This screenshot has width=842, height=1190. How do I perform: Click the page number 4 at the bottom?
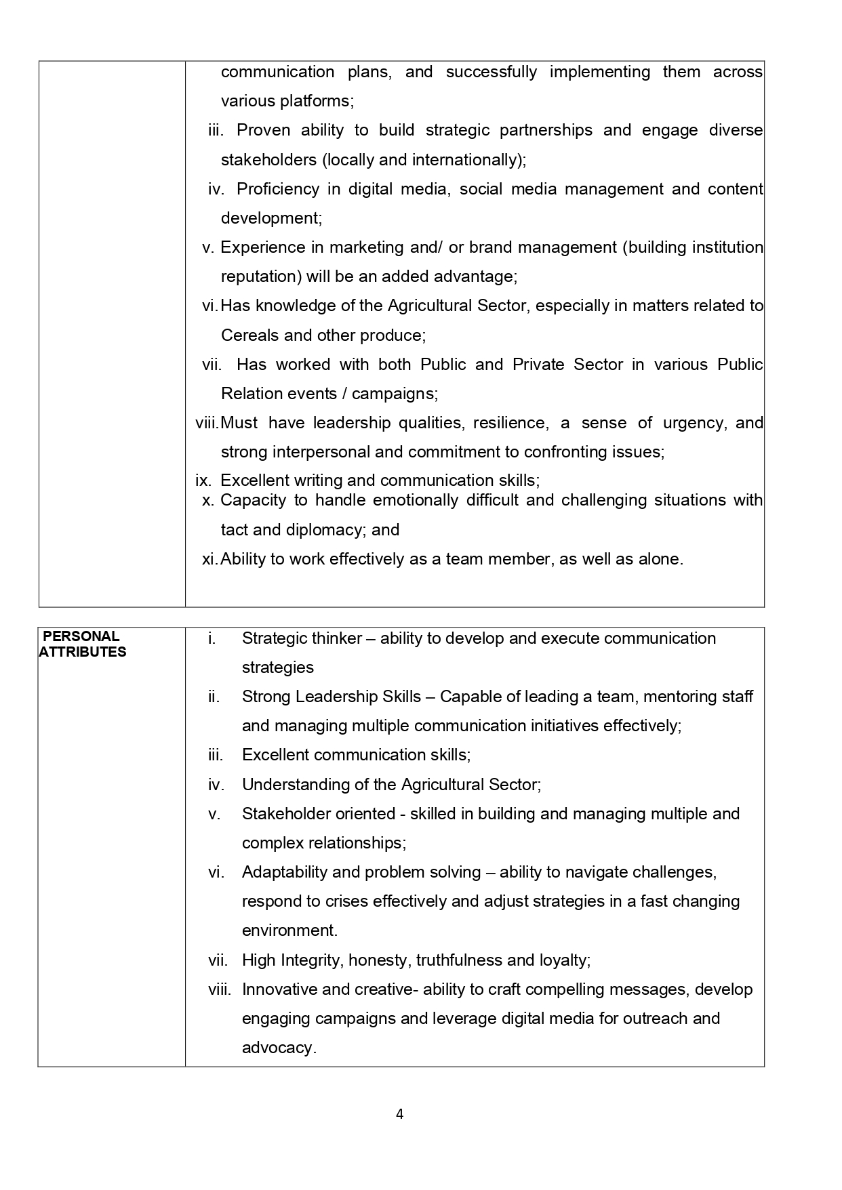[399, 1114]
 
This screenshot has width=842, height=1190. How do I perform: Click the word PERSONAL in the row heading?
[81, 636]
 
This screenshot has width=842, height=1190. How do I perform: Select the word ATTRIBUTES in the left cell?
[83, 652]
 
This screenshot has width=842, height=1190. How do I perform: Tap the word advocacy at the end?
[279, 1048]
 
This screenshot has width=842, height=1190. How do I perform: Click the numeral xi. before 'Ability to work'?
[209, 559]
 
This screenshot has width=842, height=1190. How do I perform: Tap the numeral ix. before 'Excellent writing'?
[203, 480]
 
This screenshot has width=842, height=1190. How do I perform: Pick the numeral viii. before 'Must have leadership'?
[207, 423]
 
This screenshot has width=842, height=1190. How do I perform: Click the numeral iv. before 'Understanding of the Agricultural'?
[216, 785]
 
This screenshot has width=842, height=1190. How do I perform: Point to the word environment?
[289, 930]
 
